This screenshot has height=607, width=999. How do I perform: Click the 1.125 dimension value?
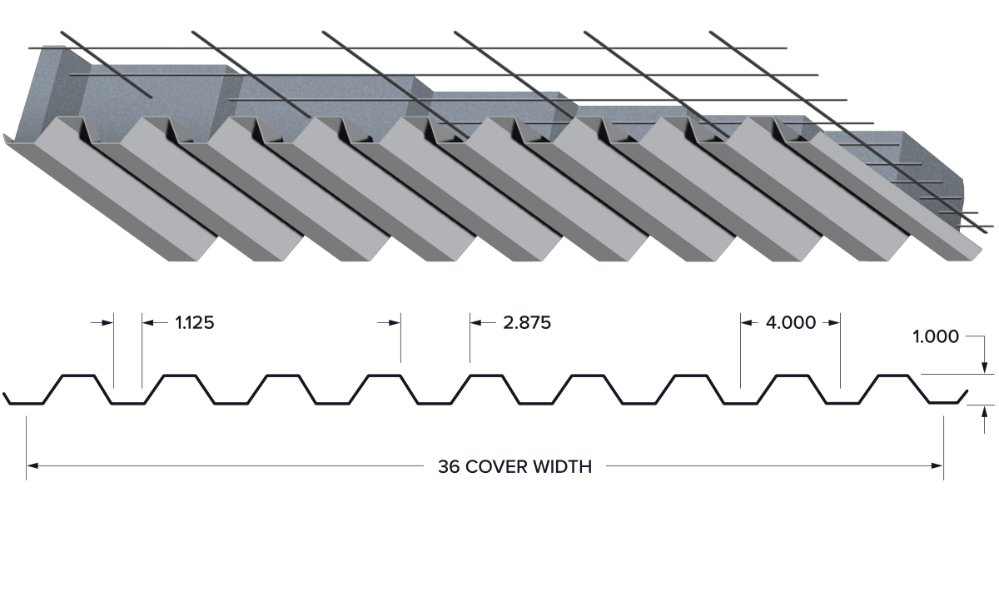pos(195,322)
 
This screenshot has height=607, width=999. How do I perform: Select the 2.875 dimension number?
pos(527,322)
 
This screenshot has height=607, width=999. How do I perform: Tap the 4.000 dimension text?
pos(791,322)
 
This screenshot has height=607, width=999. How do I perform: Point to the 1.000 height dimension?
pos(936,336)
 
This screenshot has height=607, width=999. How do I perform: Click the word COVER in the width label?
pos(496,467)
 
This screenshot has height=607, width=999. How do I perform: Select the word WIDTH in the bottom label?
pos(563,467)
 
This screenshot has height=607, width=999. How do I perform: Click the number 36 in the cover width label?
pos(449,467)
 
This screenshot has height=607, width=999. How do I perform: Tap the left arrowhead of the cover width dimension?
pos(32,466)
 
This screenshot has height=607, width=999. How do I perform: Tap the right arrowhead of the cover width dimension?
pos(937,466)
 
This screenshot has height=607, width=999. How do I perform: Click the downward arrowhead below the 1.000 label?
pos(985,368)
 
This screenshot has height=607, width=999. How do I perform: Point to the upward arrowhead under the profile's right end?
pos(985,411)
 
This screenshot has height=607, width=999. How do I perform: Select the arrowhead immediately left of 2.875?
pos(476,322)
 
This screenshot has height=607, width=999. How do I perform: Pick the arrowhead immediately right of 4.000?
pos(834,322)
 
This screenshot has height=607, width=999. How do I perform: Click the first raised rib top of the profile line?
pos(78,376)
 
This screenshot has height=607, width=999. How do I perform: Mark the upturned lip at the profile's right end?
pos(962,396)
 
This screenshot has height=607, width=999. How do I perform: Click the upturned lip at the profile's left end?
pos(7,398)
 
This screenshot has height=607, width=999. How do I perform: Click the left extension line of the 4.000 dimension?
pos(741,351)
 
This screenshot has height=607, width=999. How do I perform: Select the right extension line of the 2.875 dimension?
pos(470,337)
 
